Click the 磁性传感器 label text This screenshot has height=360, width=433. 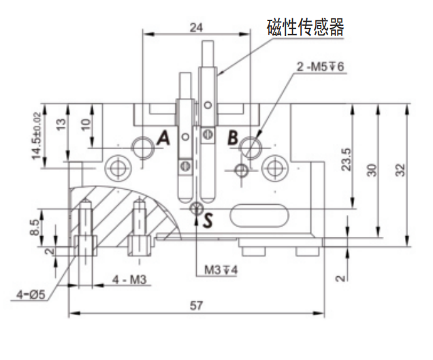click(305, 27)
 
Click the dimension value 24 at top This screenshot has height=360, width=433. click(196, 27)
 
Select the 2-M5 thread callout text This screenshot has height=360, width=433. click(321, 67)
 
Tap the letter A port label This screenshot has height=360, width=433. click(163, 139)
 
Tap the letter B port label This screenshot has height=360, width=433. click(232, 138)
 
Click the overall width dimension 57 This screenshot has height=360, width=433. click(196, 306)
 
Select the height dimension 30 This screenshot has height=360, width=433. click(372, 169)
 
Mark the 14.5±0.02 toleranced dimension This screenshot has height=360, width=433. click(36, 136)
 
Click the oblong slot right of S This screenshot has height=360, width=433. click(259, 216)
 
